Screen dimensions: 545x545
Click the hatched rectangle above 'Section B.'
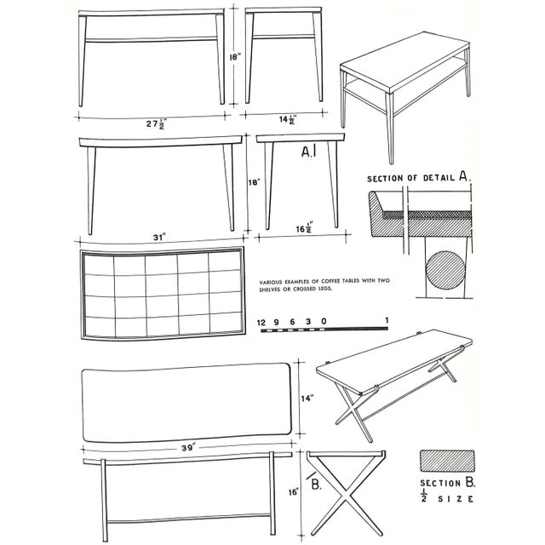tap(446, 460)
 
